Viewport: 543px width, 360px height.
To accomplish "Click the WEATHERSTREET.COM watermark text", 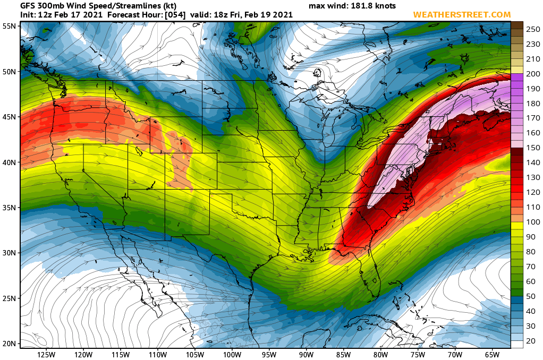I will pos(462,14).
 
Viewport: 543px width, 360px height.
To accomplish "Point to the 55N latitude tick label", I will pos(8,26).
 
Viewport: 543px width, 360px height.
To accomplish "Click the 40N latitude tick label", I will pos(8,162).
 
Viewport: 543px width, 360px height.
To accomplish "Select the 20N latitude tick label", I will pos(8,343).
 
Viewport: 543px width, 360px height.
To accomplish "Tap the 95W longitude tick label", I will pos(269,354).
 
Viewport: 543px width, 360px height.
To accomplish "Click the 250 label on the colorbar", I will pos(533,30).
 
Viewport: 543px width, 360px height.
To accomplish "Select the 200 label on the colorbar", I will pos(533,73).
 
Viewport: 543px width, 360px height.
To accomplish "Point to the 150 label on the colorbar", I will pos(533,147).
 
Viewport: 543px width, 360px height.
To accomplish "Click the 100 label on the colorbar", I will pos(533,221).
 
